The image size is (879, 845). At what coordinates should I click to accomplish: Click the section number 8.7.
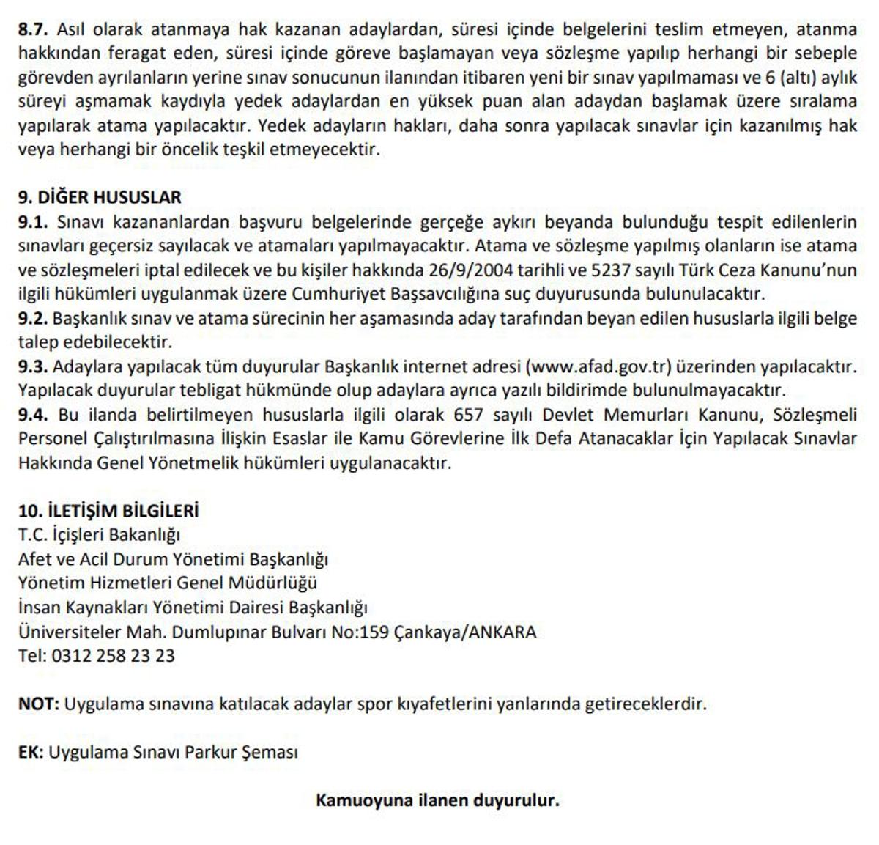click(x=32, y=29)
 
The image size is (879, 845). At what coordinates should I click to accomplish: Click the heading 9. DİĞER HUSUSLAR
click(x=100, y=197)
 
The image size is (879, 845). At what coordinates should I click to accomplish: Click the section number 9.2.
click(x=32, y=318)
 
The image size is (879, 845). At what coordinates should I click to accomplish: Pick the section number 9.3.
click(x=32, y=366)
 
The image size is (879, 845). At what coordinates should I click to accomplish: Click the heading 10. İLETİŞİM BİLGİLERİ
click(x=108, y=510)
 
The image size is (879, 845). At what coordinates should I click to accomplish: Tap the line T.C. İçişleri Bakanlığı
click(x=99, y=534)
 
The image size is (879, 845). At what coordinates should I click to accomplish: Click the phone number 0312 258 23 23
click(x=113, y=655)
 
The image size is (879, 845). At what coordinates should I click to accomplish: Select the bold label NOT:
click(x=38, y=704)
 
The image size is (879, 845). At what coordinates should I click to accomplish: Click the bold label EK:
click(x=31, y=752)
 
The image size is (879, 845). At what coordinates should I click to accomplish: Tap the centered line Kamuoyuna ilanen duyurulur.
click(x=437, y=800)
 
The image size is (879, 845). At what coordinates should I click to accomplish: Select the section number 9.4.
click(x=32, y=415)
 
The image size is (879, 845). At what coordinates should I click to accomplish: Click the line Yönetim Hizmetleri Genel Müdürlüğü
click(x=168, y=583)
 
